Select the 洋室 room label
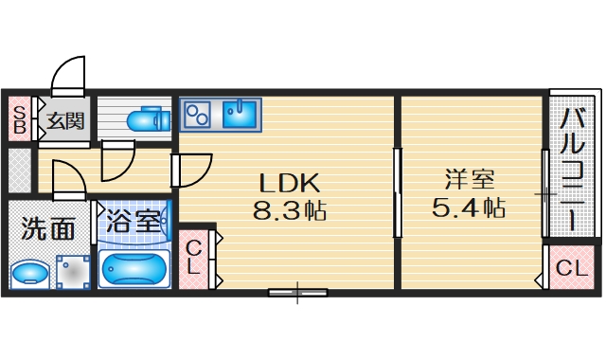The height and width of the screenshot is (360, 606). tap(469, 178)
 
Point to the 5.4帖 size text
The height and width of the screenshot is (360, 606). tap(469, 207)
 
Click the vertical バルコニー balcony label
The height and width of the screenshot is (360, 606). tap(572, 169)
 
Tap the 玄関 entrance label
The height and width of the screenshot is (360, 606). tap(65, 121)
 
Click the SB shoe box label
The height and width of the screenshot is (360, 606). tap(18, 120)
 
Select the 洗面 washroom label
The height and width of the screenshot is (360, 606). tap(48, 228)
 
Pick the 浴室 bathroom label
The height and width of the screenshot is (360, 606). tap(134, 223)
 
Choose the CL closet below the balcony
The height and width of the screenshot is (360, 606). tap(571, 268)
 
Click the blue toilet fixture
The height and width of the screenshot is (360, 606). tap(147, 119)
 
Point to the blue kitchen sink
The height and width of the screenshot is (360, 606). tap(241, 115)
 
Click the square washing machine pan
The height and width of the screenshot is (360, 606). tap(72, 272)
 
